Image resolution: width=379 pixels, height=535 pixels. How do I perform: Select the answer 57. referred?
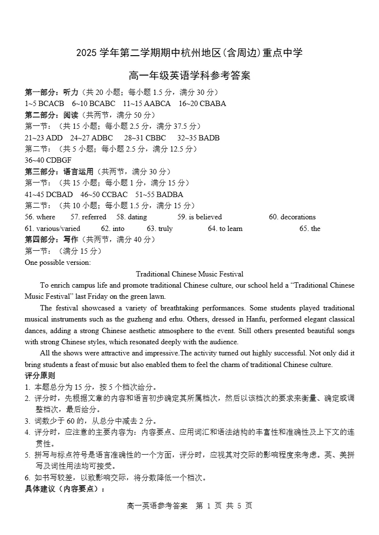(88, 217)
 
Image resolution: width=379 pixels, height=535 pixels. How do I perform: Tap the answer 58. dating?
(131, 217)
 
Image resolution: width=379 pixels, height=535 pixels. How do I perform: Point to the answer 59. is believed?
(199, 217)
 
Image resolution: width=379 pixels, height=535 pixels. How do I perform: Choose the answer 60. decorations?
(292, 217)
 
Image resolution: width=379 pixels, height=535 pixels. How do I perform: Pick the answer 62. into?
(112, 229)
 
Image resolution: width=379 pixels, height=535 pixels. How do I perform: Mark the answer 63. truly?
(159, 229)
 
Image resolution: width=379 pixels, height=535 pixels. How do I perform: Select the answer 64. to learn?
(225, 229)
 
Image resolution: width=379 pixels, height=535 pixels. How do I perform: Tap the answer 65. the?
(310, 229)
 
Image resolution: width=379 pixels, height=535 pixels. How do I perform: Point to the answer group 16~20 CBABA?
(202, 104)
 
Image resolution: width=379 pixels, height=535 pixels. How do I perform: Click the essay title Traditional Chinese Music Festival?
(189, 274)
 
